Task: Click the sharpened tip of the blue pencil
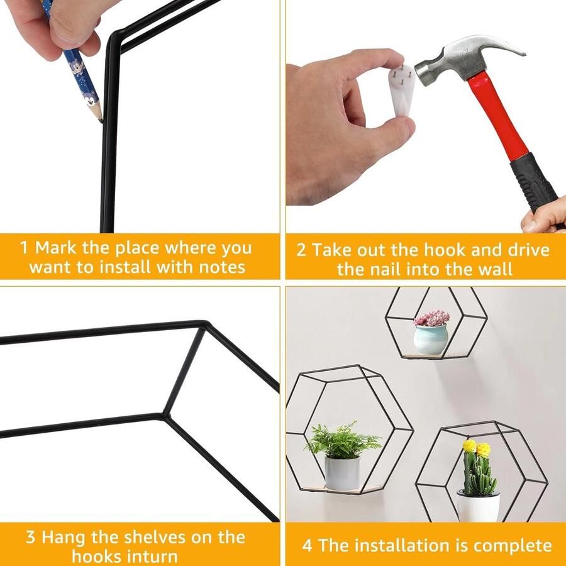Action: point(101,121)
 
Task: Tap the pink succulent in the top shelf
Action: point(431,318)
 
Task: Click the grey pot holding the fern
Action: point(342,473)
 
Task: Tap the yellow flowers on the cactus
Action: point(477,448)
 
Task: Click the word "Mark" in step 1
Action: point(56,248)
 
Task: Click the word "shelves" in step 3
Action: point(157,537)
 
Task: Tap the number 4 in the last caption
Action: point(307,545)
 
